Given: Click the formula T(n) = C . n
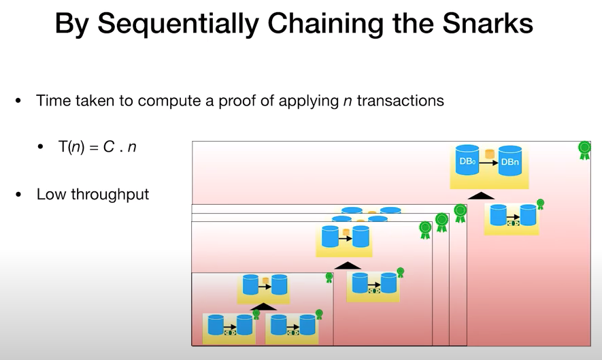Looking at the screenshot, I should click(97, 146).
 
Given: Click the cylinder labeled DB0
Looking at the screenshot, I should click(467, 161).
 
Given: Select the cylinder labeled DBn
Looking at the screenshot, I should click(510, 161).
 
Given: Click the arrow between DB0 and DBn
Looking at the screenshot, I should click(488, 163).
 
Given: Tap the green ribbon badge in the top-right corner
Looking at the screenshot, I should click(584, 150).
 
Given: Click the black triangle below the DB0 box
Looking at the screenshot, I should click(482, 196).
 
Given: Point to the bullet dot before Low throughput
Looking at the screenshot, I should click(19, 195).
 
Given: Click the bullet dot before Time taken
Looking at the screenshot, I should click(19, 101).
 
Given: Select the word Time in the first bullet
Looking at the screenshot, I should click(53, 101).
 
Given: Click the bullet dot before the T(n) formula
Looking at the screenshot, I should click(41, 146).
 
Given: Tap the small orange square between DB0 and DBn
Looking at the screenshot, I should click(489, 154).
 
